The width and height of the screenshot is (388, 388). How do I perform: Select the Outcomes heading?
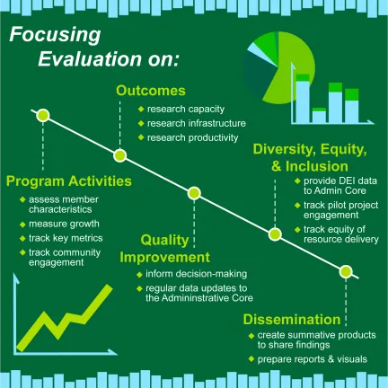point(152,91)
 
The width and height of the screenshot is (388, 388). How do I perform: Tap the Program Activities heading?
point(68,181)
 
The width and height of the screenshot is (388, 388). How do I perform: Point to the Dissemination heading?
point(292,319)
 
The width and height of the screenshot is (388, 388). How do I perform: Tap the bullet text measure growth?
point(64,223)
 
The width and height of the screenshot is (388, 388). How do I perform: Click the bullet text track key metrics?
point(66,238)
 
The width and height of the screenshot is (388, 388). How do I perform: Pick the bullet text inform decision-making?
point(191,273)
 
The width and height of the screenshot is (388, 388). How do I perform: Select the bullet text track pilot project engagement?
point(332,210)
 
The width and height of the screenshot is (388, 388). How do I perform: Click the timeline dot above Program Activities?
point(42,116)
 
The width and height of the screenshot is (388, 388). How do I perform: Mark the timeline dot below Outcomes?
point(119,154)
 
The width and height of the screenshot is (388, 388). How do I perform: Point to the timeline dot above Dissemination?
point(348,272)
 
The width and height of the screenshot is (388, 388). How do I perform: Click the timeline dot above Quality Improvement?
point(194,193)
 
